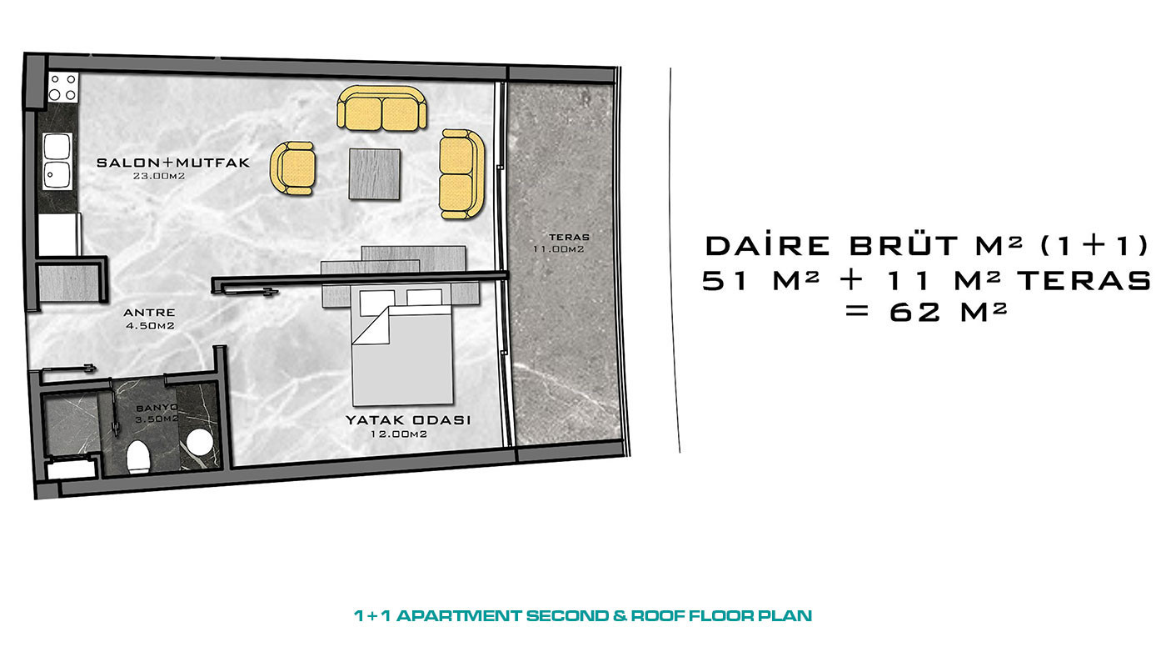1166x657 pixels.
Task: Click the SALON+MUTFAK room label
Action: pos(173,163)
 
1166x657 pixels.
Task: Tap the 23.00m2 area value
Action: pos(159,176)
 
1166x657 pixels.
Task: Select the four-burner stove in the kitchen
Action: pos(63,87)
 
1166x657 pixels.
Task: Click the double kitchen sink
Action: pos(57,160)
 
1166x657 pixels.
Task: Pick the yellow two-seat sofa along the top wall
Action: pos(382,108)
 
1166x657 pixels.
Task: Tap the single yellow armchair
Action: pos(292,168)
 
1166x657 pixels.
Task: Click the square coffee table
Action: pos(375,174)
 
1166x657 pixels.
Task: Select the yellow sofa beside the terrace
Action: pos(461,174)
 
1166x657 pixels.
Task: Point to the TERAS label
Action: pos(569,238)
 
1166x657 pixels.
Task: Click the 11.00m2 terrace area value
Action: pos(559,249)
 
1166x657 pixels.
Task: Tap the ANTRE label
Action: pos(149,313)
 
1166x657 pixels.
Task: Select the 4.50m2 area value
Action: pos(150,326)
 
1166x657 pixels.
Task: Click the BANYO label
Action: pos(157,408)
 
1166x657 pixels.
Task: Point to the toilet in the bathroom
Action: pos(138,457)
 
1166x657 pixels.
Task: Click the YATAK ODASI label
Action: pos(408,420)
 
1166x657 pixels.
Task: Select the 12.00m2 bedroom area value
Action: pos(399,434)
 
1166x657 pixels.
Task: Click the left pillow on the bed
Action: pos(376,303)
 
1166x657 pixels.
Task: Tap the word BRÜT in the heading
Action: pos(904,245)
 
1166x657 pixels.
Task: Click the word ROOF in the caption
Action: pos(657,616)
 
